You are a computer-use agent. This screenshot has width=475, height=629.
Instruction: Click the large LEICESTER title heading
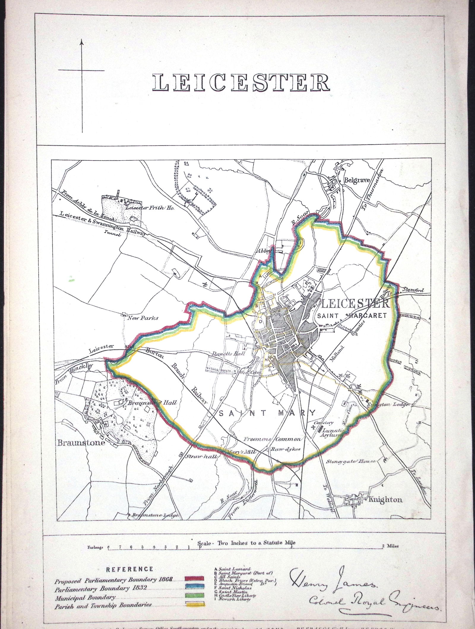pyautogui.click(x=241, y=82)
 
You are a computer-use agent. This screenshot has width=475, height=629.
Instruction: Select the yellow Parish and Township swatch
pyautogui.click(x=194, y=587)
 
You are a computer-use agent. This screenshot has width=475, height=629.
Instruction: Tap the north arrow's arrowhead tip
pyautogui.click(x=83, y=41)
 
